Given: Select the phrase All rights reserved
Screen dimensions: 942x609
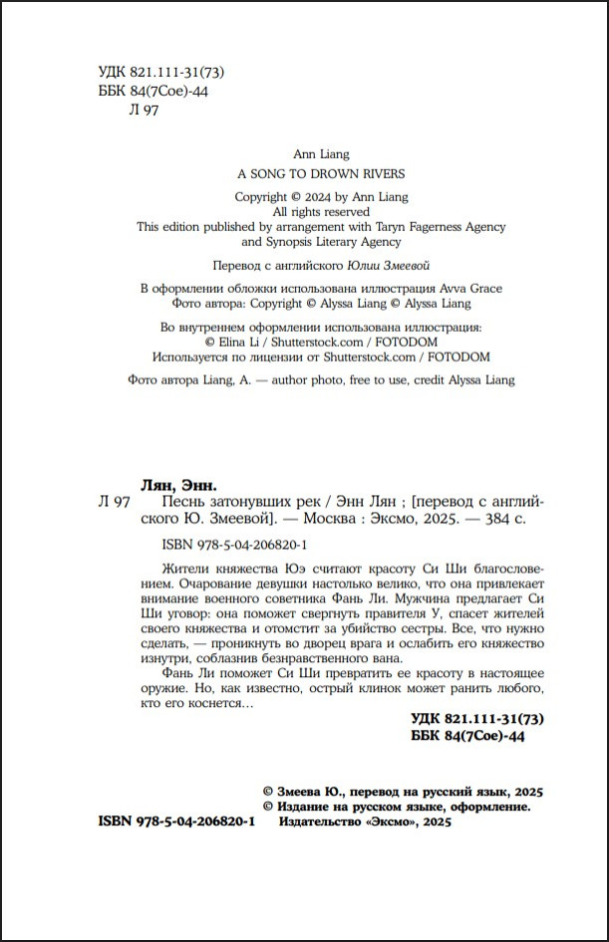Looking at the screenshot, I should pyautogui.click(x=321, y=212).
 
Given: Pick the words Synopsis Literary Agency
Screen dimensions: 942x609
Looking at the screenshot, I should pyautogui.click(x=320, y=242).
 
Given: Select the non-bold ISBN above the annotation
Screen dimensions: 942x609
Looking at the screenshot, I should pyautogui.click(x=232, y=545).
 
